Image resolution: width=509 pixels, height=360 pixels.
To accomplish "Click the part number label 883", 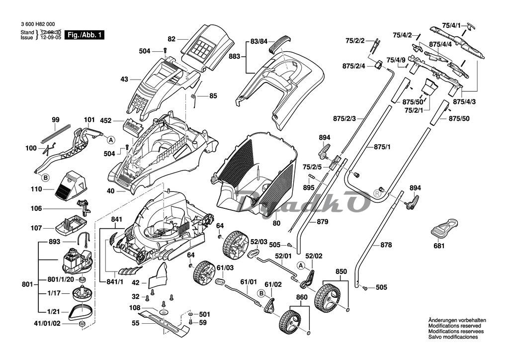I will coord(234,57).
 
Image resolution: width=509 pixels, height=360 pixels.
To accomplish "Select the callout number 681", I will coord(439,246).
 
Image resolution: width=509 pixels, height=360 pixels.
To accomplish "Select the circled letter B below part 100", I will coord(45,177).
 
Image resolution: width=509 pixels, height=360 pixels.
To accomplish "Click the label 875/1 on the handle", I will coord(382,148).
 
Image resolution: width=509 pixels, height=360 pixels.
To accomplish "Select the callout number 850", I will coord(341,272).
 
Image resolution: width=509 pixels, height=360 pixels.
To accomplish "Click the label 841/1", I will coord(115,282).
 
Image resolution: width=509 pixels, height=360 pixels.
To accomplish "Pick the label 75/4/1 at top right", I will coord(451,25).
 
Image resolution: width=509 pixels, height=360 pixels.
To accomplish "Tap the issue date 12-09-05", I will coord(50,37).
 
